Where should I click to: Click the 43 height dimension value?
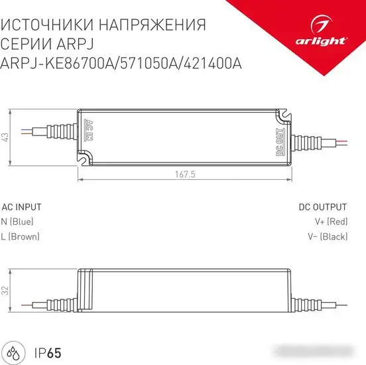(6, 137)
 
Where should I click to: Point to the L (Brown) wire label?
(21, 236)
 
